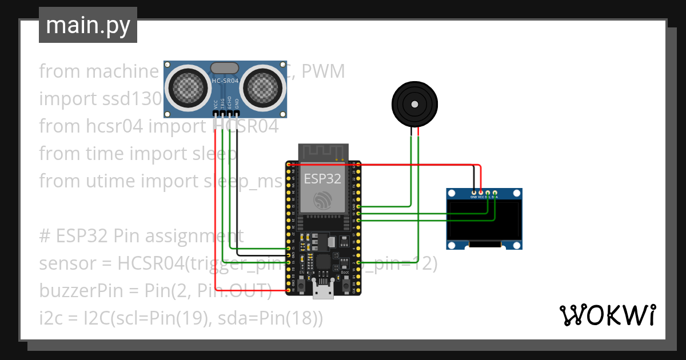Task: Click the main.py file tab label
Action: pyautogui.click(x=88, y=26)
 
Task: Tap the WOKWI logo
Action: pyautogui.click(x=607, y=315)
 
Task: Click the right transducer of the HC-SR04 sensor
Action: pyautogui.click(x=263, y=88)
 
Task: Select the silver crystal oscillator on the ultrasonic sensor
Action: pyautogui.click(x=225, y=68)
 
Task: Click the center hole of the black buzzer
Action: pyautogui.click(x=414, y=105)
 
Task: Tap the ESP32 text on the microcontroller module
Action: pyautogui.click(x=322, y=178)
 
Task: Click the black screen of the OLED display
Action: pyautogui.click(x=484, y=219)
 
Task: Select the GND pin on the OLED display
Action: pyautogui.click(x=473, y=193)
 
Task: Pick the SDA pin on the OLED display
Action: pyautogui.click(x=495, y=193)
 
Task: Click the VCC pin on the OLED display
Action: pyautogui.click(x=481, y=193)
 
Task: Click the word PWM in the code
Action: pyautogui.click(x=324, y=71)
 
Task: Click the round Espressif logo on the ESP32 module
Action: pyautogui.click(x=323, y=201)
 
